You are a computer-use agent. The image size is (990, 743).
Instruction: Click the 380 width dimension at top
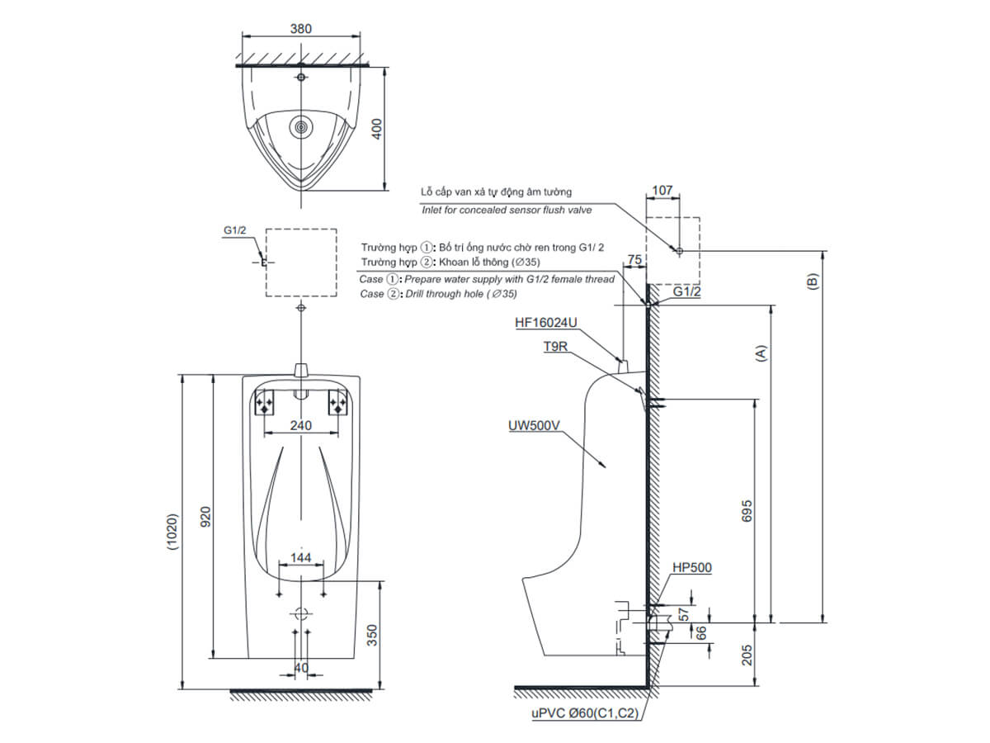click(x=300, y=29)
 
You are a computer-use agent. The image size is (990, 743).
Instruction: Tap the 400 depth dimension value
click(x=377, y=129)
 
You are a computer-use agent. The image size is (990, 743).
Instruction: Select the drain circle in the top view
click(x=300, y=128)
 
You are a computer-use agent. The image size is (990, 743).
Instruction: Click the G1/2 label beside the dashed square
click(x=234, y=230)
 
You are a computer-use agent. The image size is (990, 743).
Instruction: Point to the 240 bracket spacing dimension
click(x=300, y=425)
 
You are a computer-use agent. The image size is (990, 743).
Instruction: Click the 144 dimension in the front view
click(x=300, y=557)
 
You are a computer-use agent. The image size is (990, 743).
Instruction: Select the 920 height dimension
click(x=205, y=517)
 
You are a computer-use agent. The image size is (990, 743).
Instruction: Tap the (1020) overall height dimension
click(x=172, y=532)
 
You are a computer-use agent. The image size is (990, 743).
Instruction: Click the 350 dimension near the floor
click(x=371, y=635)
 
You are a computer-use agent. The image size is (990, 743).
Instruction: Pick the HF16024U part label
click(x=546, y=323)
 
